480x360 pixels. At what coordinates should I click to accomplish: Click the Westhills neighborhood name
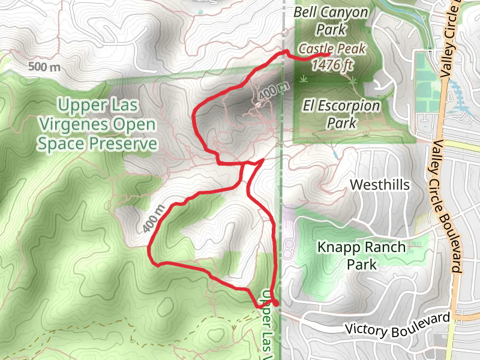tap(380, 184)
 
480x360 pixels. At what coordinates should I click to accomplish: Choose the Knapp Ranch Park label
tap(362, 256)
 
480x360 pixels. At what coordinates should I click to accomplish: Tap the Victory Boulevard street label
tap(398, 325)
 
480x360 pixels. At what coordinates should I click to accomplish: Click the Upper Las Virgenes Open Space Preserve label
tap(97, 125)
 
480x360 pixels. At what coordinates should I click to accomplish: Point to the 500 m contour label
tap(44, 66)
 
